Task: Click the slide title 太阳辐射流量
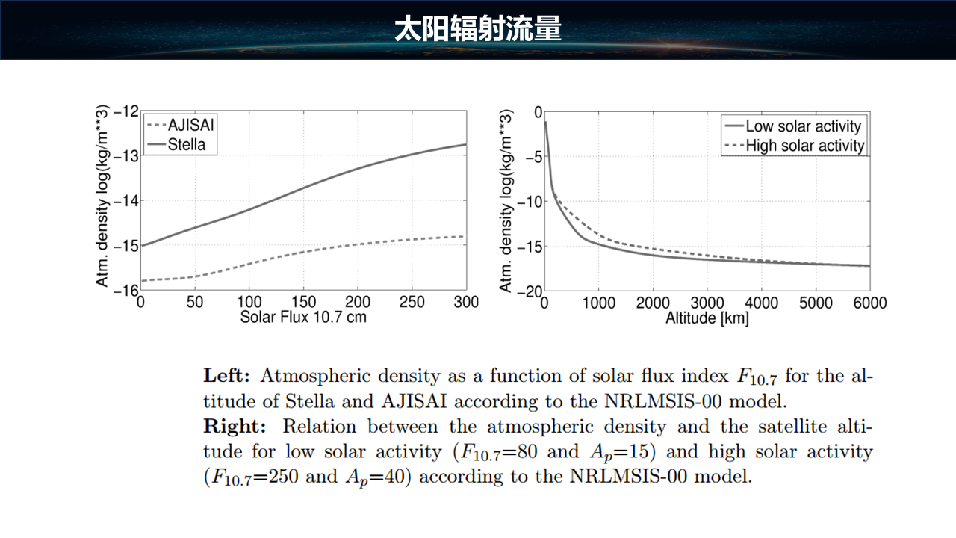478,30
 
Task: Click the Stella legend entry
186,144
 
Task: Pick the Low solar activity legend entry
803,126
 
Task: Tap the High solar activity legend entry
804,146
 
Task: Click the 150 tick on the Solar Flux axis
303,303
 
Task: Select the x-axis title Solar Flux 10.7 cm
303,317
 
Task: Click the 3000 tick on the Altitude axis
707,303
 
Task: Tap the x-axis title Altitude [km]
707,318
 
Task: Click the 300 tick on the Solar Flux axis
465,303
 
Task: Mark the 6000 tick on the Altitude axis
869,303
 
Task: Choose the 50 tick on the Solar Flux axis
195,303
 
